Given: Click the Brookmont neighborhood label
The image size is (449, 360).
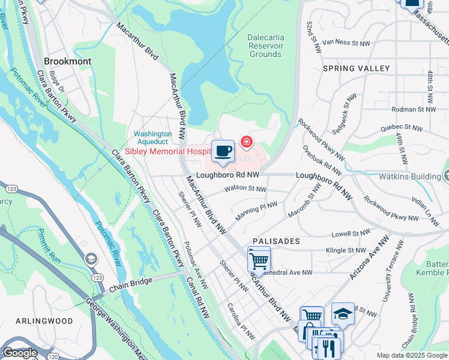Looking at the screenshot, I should coord(67,61).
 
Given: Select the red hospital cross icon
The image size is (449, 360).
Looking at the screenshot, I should coord(246,142).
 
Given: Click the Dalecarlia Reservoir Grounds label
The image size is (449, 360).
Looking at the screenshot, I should coord(265,46).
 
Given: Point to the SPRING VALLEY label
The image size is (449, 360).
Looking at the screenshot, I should coord(356,68).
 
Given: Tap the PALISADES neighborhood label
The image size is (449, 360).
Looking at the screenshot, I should coord(276,241).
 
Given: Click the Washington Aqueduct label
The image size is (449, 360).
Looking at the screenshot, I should coord(152,138).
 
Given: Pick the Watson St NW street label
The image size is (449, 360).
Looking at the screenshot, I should coord(244,188).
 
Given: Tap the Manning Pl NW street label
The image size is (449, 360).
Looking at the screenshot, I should coord(256,210).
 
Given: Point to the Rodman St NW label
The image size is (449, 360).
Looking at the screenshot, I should coord(412,109).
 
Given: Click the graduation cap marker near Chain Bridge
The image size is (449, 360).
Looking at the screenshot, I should coord(91,259).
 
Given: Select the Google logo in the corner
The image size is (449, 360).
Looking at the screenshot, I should coord(20,353).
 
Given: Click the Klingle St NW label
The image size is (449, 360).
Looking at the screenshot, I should coord(345,250).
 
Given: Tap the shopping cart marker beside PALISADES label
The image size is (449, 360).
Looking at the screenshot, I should coord(259,260).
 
